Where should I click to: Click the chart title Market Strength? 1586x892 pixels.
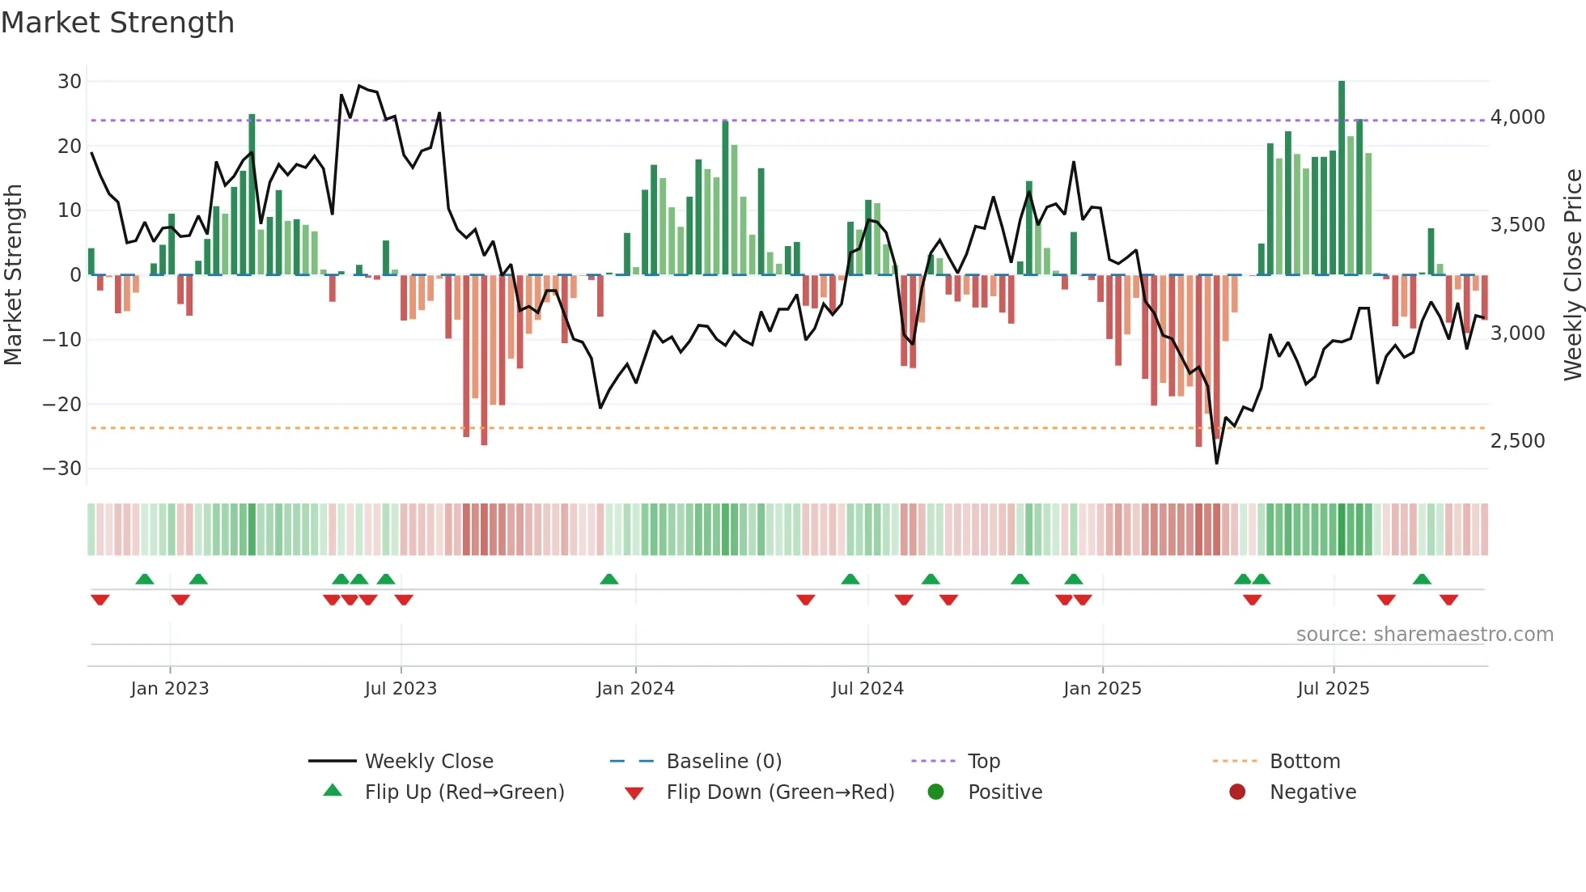pyautogui.click(x=117, y=23)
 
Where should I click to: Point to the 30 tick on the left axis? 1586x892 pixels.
pyautogui.click(x=70, y=82)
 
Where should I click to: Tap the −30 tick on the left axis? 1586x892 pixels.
pyautogui.click(x=62, y=469)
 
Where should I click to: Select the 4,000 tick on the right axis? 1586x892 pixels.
pyautogui.click(x=1517, y=117)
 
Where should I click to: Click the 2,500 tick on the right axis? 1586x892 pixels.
pyautogui.click(x=1517, y=441)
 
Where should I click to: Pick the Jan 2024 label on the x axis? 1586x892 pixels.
pyautogui.click(x=635, y=689)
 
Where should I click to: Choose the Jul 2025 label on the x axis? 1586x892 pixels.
pyautogui.click(x=1333, y=689)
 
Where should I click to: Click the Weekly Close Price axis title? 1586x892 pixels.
pyautogui.click(x=1572, y=274)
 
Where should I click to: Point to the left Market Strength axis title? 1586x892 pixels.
pyautogui.click(x=14, y=274)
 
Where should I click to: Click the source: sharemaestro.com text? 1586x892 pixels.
pyautogui.click(x=1424, y=635)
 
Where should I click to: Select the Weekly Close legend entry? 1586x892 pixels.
pyautogui.click(x=428, y=762)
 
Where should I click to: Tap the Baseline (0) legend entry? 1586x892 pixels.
pyautogui.click(x=723, y=762)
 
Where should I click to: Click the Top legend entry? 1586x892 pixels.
pyautogui.click(x=983, y=762)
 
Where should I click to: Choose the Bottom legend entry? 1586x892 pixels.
pyautogui.click(x=1304, y=762)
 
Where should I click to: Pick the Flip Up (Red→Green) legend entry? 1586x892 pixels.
pyautogui.click(x=464, y=792)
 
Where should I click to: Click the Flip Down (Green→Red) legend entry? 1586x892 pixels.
pyautogui.click(x=780, y=792)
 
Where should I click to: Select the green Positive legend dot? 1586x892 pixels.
pyautogui.click(x=935, y=792)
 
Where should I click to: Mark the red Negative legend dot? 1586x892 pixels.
pyautogui.click(x=1237, y=792)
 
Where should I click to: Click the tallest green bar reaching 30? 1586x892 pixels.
pyautogui.click(x=1342, y=178)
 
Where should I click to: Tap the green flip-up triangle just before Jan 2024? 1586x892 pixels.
pyautogui.click(x=609, y=579)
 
